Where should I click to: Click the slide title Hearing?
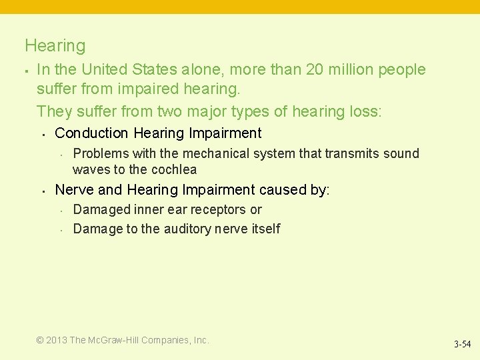(55, 46)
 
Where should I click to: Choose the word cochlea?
(174, 169)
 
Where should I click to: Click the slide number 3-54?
(462, 345)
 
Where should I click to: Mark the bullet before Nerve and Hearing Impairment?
(43, 191)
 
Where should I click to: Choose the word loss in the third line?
(364, 111)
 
